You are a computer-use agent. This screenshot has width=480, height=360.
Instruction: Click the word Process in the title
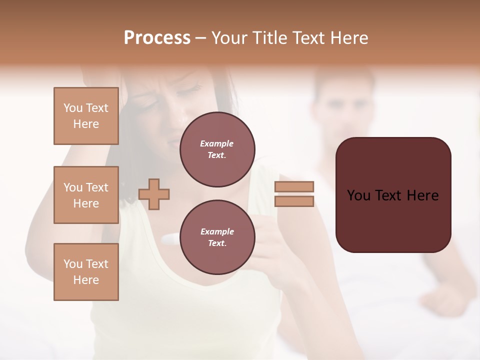157,38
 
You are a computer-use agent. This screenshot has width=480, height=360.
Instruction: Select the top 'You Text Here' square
86,116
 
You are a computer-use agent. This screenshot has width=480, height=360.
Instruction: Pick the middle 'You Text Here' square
86,195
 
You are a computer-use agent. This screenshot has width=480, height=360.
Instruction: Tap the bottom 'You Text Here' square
86,272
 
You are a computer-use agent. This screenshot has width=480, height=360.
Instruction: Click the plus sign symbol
154,194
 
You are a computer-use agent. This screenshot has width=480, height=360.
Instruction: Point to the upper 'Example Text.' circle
217,149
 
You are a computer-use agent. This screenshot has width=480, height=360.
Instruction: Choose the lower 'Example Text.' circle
217,237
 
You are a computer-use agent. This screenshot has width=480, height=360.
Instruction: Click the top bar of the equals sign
294,186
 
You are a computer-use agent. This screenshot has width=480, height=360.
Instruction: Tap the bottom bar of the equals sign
294,201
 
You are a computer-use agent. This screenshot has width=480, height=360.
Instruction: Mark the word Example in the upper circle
217,143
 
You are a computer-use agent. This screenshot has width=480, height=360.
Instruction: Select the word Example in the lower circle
217,231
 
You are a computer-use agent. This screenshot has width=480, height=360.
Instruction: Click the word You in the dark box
358,195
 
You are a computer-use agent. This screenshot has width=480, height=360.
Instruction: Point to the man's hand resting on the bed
442,300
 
